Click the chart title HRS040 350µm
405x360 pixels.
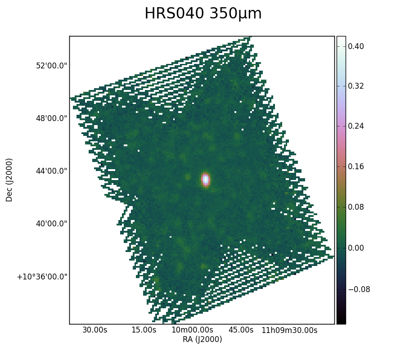click(203, 13)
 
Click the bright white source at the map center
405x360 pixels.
click(205, 180)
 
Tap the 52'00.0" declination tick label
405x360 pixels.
click(51, 66)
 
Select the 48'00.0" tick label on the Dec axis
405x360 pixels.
click(51, 118)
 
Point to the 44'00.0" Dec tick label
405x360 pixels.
click(51, 171)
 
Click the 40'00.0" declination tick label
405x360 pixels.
click(51, 224)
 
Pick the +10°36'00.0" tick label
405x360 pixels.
click(42, 277)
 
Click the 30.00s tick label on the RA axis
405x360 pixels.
click(95, 330)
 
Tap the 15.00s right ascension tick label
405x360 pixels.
click(144, 330)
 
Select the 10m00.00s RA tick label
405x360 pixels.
click(193, 330)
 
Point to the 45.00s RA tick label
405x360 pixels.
click(241, 330)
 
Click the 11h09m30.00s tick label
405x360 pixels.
click(289, 330)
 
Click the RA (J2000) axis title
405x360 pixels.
click(202, 339)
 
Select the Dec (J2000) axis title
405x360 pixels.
click(9, 180)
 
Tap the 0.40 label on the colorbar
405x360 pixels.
click(356, 46)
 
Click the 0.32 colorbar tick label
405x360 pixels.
click(356, 86)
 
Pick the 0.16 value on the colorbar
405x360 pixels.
click(356, 166)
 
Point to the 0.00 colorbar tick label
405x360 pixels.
click(356, 248)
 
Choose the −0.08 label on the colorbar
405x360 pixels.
click(359, 289)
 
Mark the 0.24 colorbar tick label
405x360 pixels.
click(356, 126)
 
